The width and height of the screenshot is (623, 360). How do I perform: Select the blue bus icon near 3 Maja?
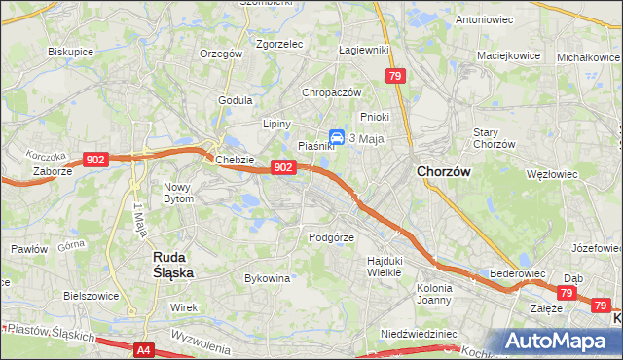336,138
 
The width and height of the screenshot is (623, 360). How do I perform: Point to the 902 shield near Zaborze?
94,160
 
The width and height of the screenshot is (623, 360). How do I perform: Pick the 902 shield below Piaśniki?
282,167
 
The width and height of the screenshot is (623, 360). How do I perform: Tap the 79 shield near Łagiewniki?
394,76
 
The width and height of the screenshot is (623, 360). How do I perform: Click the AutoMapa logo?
561,341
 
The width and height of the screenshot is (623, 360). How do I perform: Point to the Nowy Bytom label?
178,192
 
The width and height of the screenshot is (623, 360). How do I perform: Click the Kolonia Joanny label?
434,294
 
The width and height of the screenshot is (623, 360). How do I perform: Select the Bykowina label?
269,278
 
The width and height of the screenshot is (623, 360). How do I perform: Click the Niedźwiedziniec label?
419,333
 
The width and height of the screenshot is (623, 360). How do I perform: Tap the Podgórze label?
330,236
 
